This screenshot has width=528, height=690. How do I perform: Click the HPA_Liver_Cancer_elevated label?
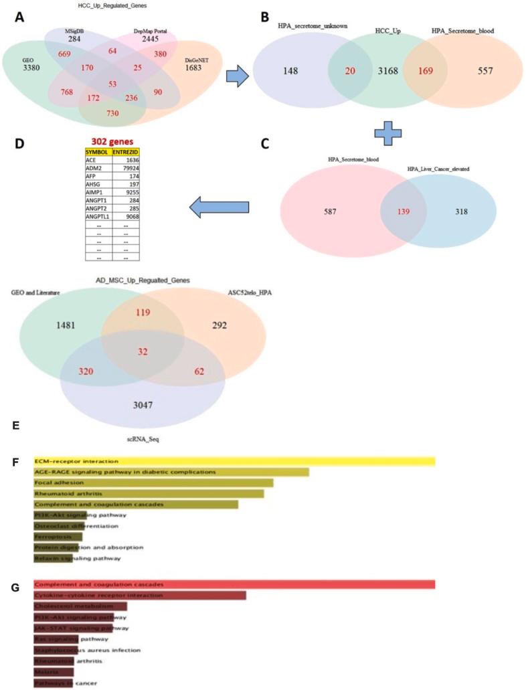[441, 171]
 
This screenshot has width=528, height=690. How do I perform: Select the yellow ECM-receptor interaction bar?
[234, 461]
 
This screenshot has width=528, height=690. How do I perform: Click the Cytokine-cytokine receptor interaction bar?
[139, 595]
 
